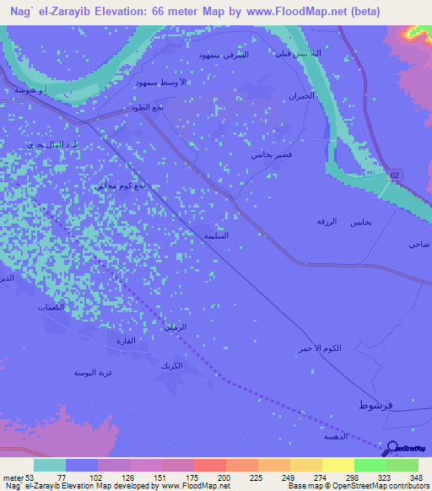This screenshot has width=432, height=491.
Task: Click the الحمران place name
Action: click(302, 95)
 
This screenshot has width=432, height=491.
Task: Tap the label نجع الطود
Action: click(156, 108)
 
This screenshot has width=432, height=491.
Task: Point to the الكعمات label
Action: click(51, 307)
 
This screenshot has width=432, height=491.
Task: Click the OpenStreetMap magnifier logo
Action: click(391, 449)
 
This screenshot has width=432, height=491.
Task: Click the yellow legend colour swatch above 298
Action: click(337, 465)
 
